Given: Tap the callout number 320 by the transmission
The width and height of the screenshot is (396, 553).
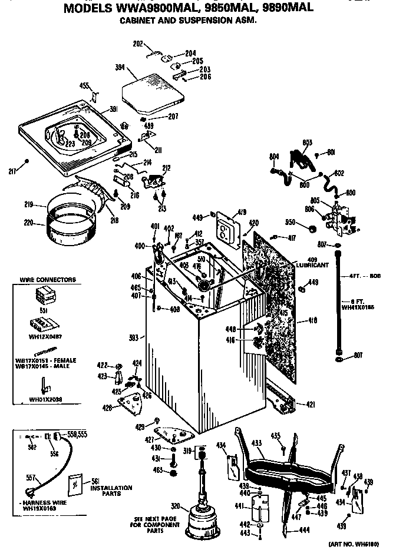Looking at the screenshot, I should coord(174,505).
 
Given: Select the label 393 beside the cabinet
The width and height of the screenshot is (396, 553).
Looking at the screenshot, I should coord(134,337).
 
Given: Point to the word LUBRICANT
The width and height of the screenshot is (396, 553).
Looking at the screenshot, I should coord(312,266).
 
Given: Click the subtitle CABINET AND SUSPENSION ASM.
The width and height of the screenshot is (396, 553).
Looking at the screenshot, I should coord(189,19).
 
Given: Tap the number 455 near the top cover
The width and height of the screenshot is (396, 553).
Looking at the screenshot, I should coord(84,86).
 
